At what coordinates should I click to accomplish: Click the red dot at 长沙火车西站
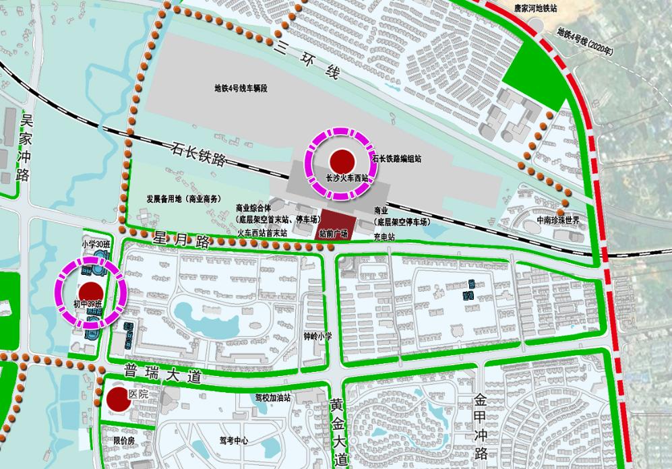342,161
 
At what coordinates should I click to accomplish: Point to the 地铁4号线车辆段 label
241,88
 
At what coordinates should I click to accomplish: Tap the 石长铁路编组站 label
396,160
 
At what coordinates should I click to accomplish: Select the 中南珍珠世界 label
558,220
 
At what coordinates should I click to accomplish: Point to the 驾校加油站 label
272,398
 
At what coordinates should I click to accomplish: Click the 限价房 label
125,440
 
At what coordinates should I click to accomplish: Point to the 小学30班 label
94,244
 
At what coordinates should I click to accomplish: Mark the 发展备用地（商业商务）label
184,199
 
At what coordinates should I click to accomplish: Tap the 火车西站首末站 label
264,232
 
